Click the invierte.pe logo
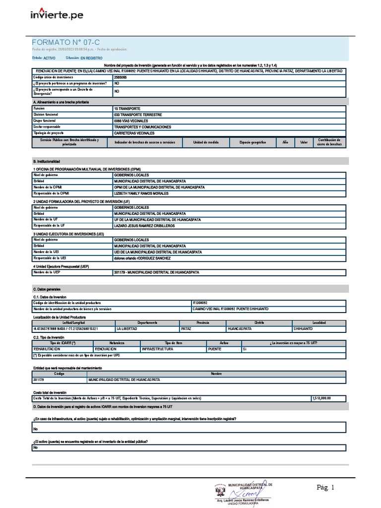57,14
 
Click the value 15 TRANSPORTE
127,108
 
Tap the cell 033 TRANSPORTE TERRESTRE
137,115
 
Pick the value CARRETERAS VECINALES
134,133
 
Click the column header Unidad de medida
206,142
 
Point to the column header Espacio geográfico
253,142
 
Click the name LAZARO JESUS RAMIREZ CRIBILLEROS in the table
144,226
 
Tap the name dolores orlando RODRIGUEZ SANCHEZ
142,258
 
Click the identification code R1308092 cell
200,303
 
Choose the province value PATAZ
187,329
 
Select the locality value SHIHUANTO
303,329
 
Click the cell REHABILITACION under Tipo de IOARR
47,349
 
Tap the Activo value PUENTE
215,349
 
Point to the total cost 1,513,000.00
321,398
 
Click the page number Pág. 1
326,488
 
